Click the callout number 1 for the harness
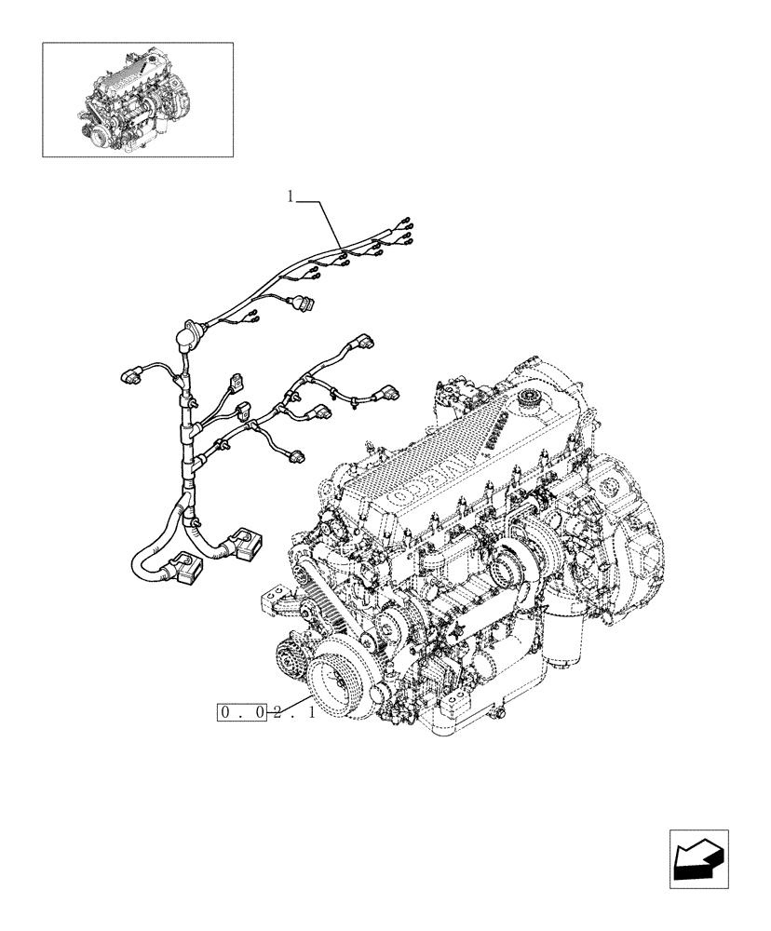click(x=291, y=196)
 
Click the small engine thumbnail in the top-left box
click(x=137, y=99)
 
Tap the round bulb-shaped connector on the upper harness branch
click(x=304, y=302)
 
